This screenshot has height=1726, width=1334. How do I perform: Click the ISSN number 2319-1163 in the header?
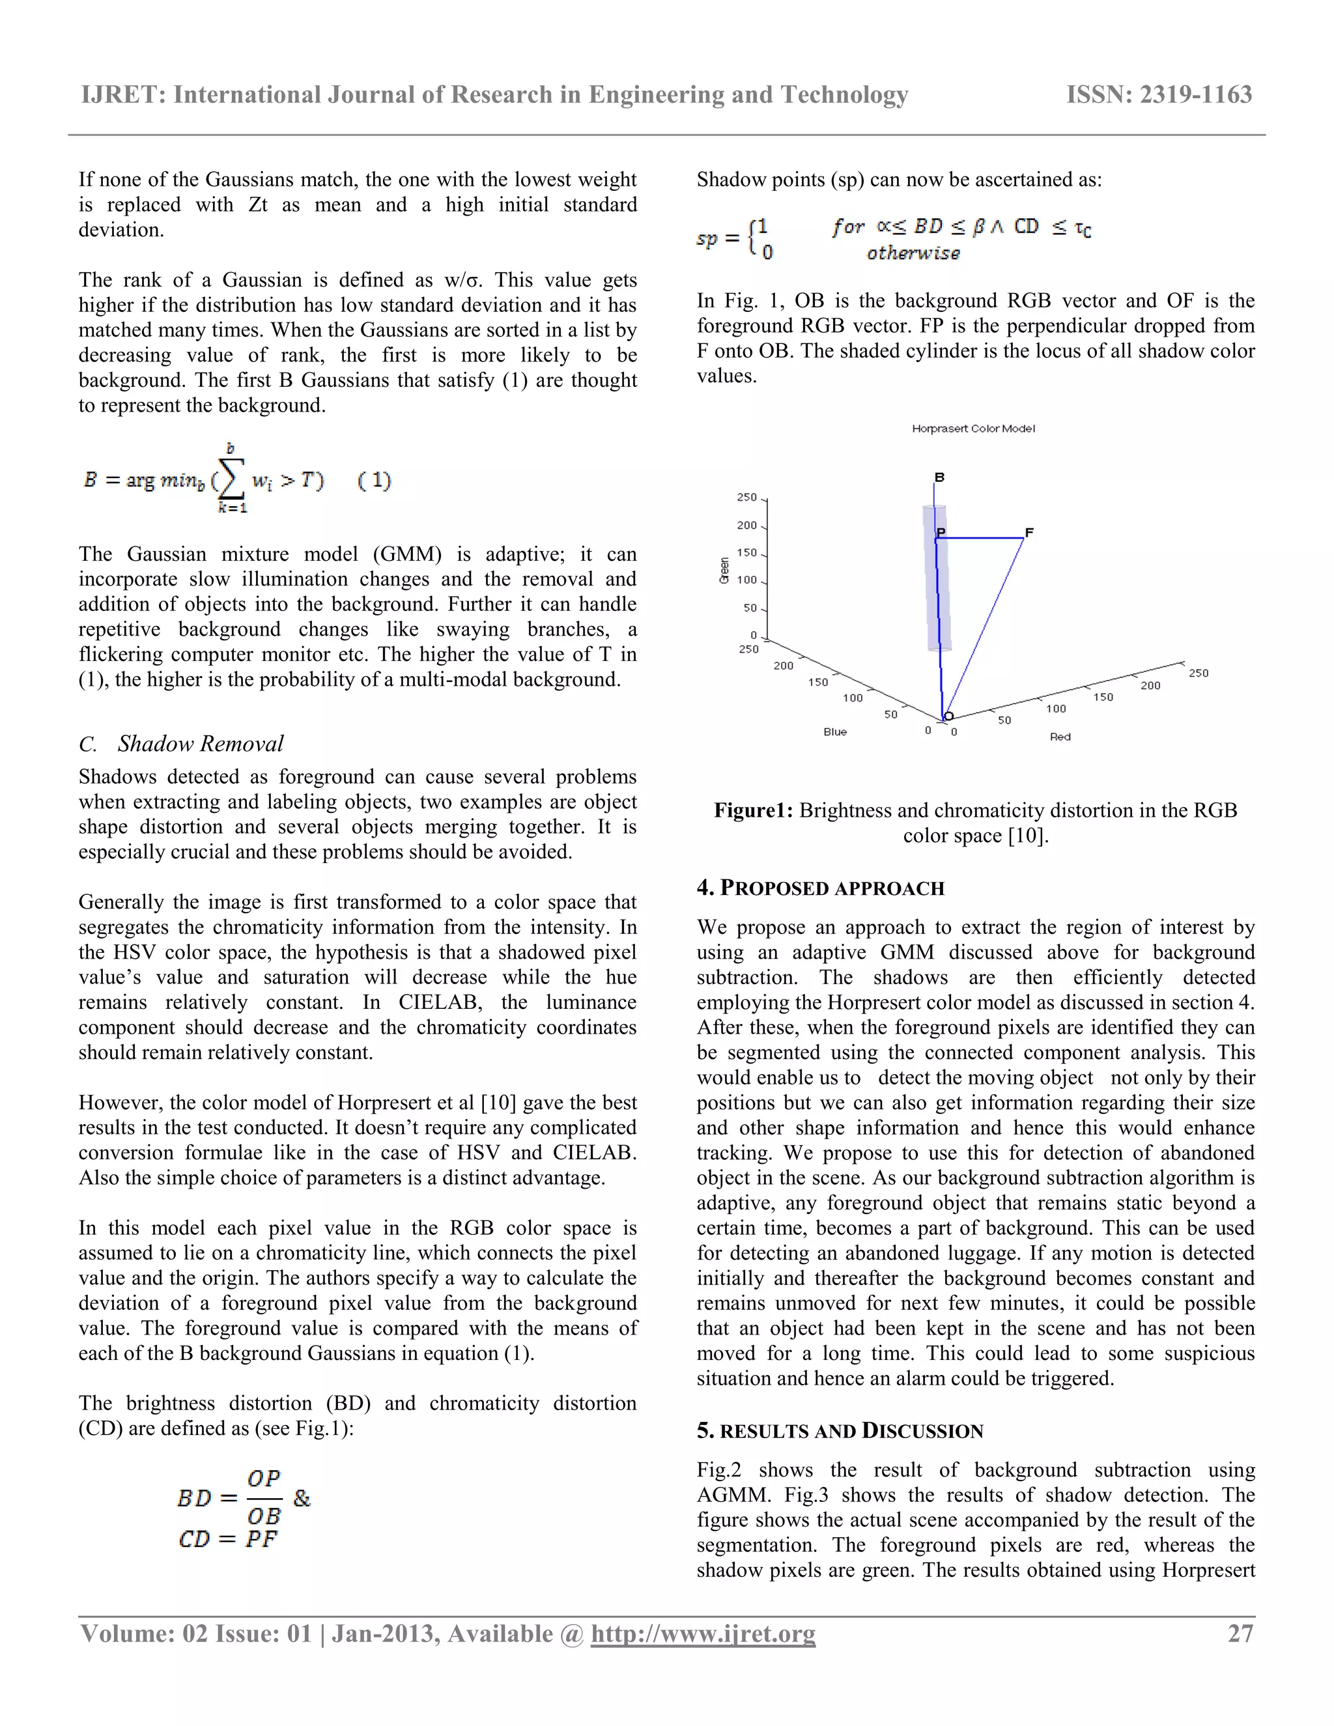(x=1159, y=95)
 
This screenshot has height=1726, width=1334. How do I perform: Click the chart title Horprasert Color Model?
(x=973, y=429)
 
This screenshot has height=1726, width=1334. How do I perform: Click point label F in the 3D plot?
(x=1029, y=533)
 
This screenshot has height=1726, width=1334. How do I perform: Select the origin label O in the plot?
(x=949, y=715)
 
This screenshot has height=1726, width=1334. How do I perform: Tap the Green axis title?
(x=724, y=571)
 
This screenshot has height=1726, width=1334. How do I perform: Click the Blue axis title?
(x=834, y=732)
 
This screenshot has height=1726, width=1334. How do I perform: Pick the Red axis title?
(x=1060, y=737)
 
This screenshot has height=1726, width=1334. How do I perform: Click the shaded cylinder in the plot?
(x=937, y=601)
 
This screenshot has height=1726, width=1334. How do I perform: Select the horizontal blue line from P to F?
(x=980, y=538)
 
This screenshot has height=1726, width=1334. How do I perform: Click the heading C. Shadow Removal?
(x=181, y=744)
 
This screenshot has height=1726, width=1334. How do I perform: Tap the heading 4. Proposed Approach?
(x=820, y=888)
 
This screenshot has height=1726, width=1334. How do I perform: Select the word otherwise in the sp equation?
(x=913, y=253)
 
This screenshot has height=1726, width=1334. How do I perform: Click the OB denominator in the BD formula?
(x=264, y=1516)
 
